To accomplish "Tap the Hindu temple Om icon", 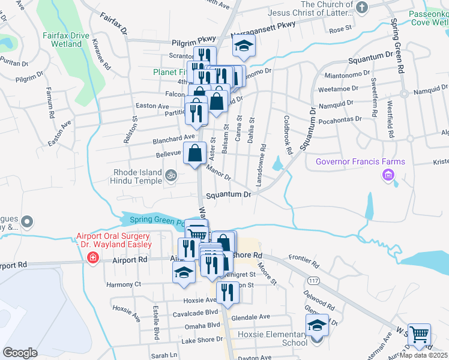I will click(x=171, y=176).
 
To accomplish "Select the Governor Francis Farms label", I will click(x=360, y=162).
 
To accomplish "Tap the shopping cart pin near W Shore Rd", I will click(x=420, y=335).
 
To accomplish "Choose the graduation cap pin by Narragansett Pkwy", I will click(x=244, y=46).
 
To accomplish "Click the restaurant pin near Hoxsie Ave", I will click(x=228, y=292).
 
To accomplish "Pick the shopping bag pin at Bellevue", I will click(x=196, y=153).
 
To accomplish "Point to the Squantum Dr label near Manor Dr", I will click(x=228, y=195).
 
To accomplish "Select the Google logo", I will click(x=20, y=353).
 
